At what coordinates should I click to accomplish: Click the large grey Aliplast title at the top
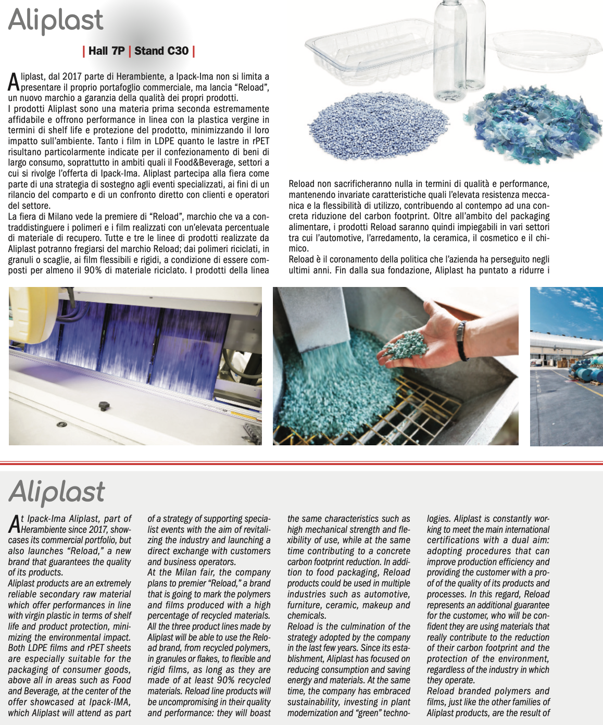[x=56, y=20]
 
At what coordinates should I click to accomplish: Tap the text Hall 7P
[x=107, y=51]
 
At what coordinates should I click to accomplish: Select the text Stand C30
[x=161, y=51]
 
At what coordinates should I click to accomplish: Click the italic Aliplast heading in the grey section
[x=57, y=492]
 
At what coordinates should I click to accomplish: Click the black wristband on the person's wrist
[x=460, y=342]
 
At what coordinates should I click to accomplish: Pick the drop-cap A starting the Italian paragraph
[x=14, y=82]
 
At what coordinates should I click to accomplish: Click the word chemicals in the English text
[x=307, y=616]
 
